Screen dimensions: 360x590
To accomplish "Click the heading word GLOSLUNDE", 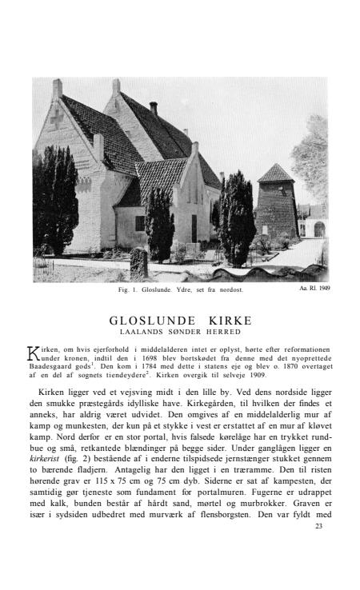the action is (158, 321).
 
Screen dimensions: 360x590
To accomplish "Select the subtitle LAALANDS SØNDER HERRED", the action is (180, 331).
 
